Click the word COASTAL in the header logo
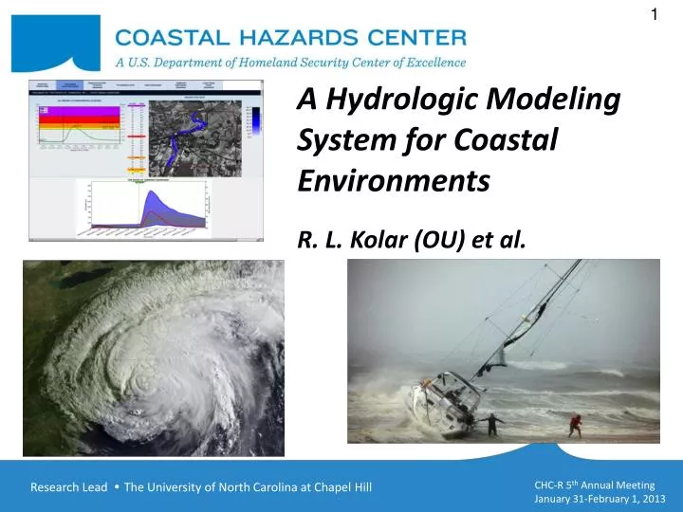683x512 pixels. pyautogui.click(x=167, y=39)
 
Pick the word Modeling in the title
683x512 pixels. pyautogui.click(x=554, y=99)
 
